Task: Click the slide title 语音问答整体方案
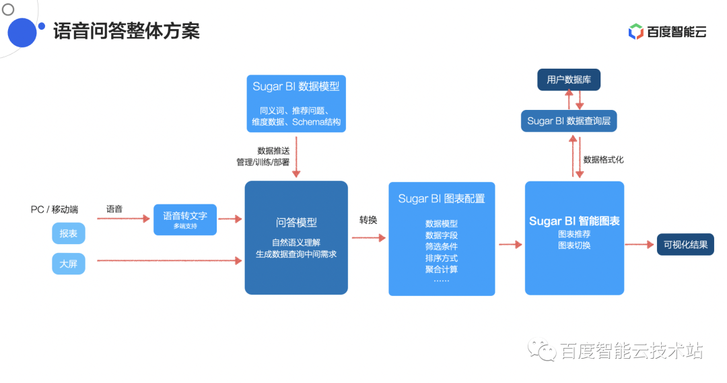pyautogui.click(x=127, y=31)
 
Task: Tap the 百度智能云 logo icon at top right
pyautogui.click(x=635, y=32)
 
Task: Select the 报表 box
pyautogui.click(x=69, y=233)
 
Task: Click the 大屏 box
pyautogui.click(x=69, y=264)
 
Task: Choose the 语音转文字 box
pyautogui.click(x=185, y=219)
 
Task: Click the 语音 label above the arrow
pyautogui.click(x=114, y=209)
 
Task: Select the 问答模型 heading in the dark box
pyautogui.click(x=296, y=223)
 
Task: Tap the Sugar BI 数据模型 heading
pyautogui.click(x=296, y=86)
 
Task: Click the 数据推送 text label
pyautogui.click(x=273, y=150)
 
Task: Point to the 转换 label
pyautogui.click(x=368, y=220)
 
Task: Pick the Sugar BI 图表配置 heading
pyautogui.click(x=442, y=199)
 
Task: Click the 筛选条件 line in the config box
pyautogui.click(x=442, y=246)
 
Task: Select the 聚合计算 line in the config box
pyautogui.click(x=442, y=269)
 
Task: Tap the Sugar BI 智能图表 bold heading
pyautogui.click(x=574, y=221)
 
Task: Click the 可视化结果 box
pyautogui.click(x=685, y=245)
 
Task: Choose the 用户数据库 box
pyautogui.click(x=569, y=80)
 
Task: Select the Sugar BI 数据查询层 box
pyautogui.click(x=569, y=121)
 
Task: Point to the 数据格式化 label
pyautogui.click(x=603, y=160)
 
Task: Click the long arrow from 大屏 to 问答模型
pyautogui.click(x=168, y=260)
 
